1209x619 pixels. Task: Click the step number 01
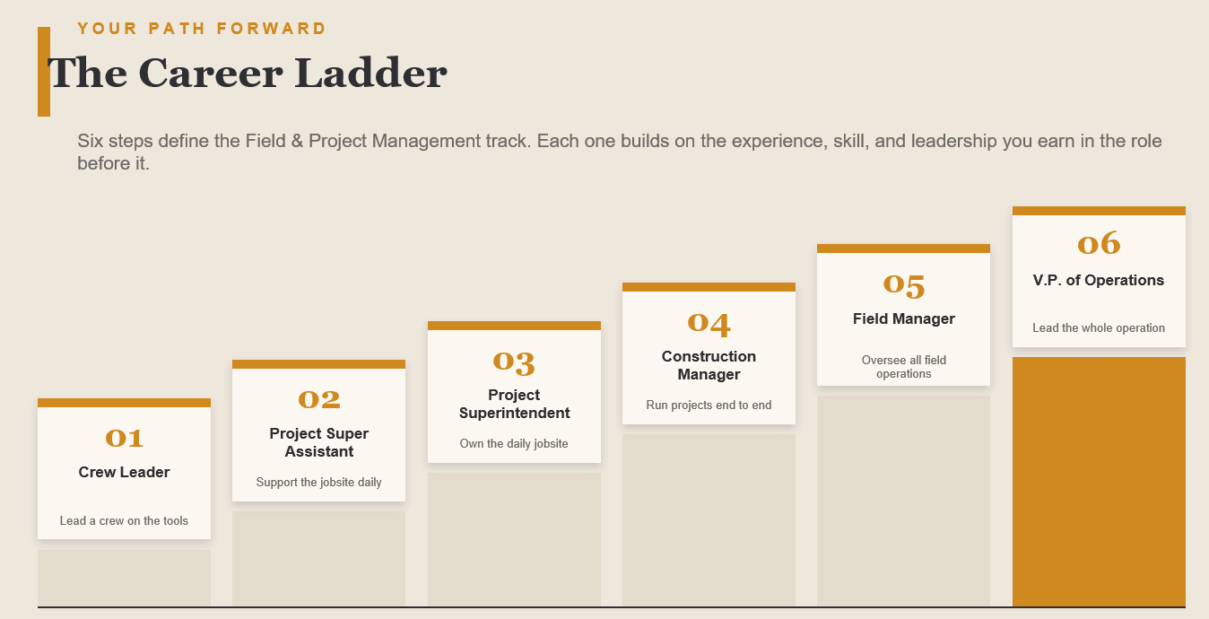124,438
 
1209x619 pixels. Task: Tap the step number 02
319,399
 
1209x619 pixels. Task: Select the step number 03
514,362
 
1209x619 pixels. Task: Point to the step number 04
709,323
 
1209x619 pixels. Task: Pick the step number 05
904,285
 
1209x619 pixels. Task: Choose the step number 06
1099,243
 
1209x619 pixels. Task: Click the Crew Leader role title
124,472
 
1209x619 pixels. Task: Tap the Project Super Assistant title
319,442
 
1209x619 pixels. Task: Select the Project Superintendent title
514,404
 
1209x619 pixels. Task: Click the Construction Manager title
709,365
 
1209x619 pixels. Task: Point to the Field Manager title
904,319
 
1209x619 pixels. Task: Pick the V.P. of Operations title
1099,280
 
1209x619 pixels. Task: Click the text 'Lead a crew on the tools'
124,521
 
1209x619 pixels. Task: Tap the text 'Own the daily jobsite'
514,443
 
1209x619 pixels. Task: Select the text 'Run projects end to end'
709,405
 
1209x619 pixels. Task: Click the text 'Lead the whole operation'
1099,328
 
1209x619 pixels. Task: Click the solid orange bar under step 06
1099,482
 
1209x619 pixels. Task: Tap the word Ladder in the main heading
370,73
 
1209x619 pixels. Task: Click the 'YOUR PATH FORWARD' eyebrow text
202,28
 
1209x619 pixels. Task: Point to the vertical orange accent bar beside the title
44,72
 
